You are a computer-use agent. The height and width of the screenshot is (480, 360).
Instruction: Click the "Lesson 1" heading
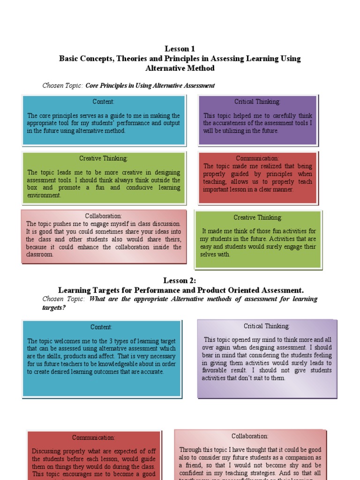180,49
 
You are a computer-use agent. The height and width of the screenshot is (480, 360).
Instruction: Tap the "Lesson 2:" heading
180,280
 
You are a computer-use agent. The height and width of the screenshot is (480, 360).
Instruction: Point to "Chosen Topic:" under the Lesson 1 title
63,85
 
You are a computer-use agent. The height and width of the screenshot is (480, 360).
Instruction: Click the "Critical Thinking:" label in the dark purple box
257,101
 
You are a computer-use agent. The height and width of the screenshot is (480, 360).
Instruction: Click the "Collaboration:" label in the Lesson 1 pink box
104,216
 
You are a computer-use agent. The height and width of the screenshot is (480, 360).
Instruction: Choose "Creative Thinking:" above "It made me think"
258,217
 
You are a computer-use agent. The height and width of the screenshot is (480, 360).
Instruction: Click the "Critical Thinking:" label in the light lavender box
267,326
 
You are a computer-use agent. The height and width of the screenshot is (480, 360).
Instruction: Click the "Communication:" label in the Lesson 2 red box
93,438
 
